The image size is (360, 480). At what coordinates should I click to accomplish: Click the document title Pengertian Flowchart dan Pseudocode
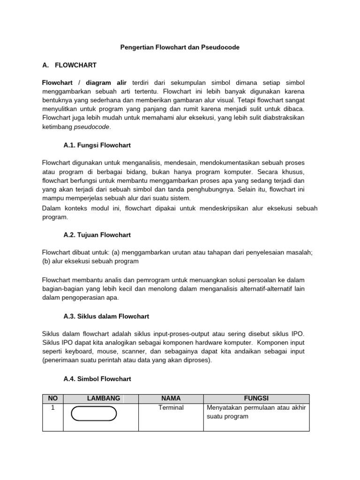pos(180,47)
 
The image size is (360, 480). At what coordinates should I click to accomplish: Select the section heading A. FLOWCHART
pos(69,65)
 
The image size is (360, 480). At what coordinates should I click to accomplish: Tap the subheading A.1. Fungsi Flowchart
pos(97,145)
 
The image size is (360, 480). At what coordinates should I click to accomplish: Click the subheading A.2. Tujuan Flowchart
pos(97,235)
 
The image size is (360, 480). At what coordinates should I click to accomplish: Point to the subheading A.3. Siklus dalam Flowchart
pos(106,316)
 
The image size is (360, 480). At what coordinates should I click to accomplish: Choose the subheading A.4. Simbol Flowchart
pos(97,378)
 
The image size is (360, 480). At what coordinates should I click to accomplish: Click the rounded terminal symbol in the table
pos(94,414)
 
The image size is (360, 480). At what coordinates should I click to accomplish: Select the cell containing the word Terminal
pos(171,408)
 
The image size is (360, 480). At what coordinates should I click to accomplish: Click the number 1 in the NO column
pos(52,408)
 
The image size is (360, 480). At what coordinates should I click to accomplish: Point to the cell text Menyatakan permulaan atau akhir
pos(256,408)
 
